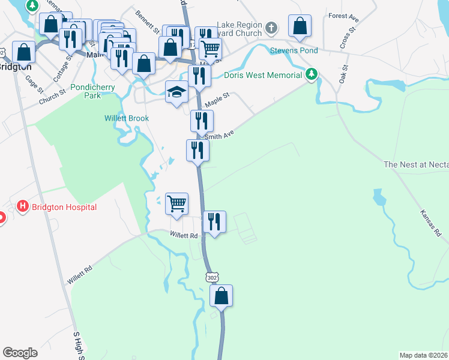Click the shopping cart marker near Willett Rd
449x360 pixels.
[176, 203]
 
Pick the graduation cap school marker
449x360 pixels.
[176, 92]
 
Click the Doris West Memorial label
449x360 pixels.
[263, 75]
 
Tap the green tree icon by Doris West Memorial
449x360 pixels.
[311, 74]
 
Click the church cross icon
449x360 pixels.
[271, 28]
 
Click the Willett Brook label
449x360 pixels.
[125, 118]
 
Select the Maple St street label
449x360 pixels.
[217, 100]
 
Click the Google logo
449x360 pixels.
[20, 352]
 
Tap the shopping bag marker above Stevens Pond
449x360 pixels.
[300, 26]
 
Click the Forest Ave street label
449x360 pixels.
[342, 16]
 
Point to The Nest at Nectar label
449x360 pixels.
[415, 164]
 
